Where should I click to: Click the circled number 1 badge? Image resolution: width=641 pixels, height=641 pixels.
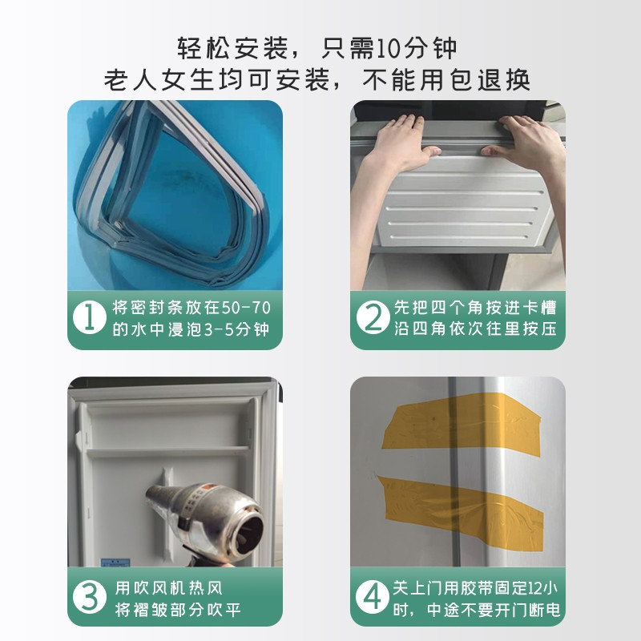90,319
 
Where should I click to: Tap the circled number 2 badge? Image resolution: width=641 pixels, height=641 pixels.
372,319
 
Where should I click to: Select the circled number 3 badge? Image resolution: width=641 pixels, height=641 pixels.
90,597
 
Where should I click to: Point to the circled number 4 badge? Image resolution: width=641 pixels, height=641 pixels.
372,597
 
